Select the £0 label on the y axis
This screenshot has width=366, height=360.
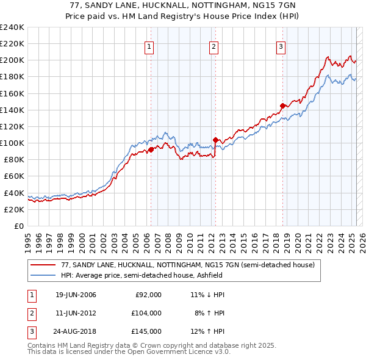pos(18,226)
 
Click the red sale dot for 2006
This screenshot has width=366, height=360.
pos(151,149)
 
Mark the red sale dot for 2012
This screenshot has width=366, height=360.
pos(215,140)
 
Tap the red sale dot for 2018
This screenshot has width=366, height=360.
pos(282,106)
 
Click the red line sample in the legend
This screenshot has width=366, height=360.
pos(43,265)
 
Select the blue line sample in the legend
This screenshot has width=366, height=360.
pos(43,275)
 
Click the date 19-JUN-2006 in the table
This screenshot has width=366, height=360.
pos(76,295)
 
